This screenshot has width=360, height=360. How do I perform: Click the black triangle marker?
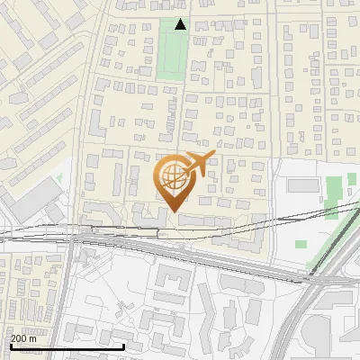pyautogui.click(x=180, y=24)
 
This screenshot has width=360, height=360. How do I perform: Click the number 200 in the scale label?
pyautogui.click(x=20, y=337)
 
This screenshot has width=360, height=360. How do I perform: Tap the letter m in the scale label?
pyautogui.click(x=33, y=337)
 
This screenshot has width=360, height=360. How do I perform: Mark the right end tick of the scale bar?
pyautogui.click(x=123, y=346)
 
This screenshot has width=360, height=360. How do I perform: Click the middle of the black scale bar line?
pyautogui.click(x=67, y=346)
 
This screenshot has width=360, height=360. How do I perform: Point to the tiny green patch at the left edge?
pyautogui.click(x=58, y=178)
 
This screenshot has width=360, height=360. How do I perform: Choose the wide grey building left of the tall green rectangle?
pyautogui.click(x=303, y=185)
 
